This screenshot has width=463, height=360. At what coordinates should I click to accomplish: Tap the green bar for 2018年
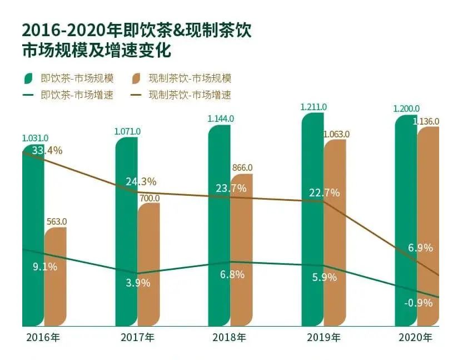[x=219, y=228]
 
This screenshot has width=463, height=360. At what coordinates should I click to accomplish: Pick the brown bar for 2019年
[x=335, y=234]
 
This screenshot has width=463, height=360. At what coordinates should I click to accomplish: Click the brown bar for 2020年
[x=428, y=228]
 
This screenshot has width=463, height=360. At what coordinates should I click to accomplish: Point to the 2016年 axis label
[x=40, y=337]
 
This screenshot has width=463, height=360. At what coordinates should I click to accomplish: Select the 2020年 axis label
[x=415, y=337]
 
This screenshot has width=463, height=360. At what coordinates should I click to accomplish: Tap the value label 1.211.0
[x=313, y=107]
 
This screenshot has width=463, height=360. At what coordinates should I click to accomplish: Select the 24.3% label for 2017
[x=141, y=181]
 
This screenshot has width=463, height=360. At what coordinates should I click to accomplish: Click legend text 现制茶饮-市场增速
[x=190, y=95]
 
